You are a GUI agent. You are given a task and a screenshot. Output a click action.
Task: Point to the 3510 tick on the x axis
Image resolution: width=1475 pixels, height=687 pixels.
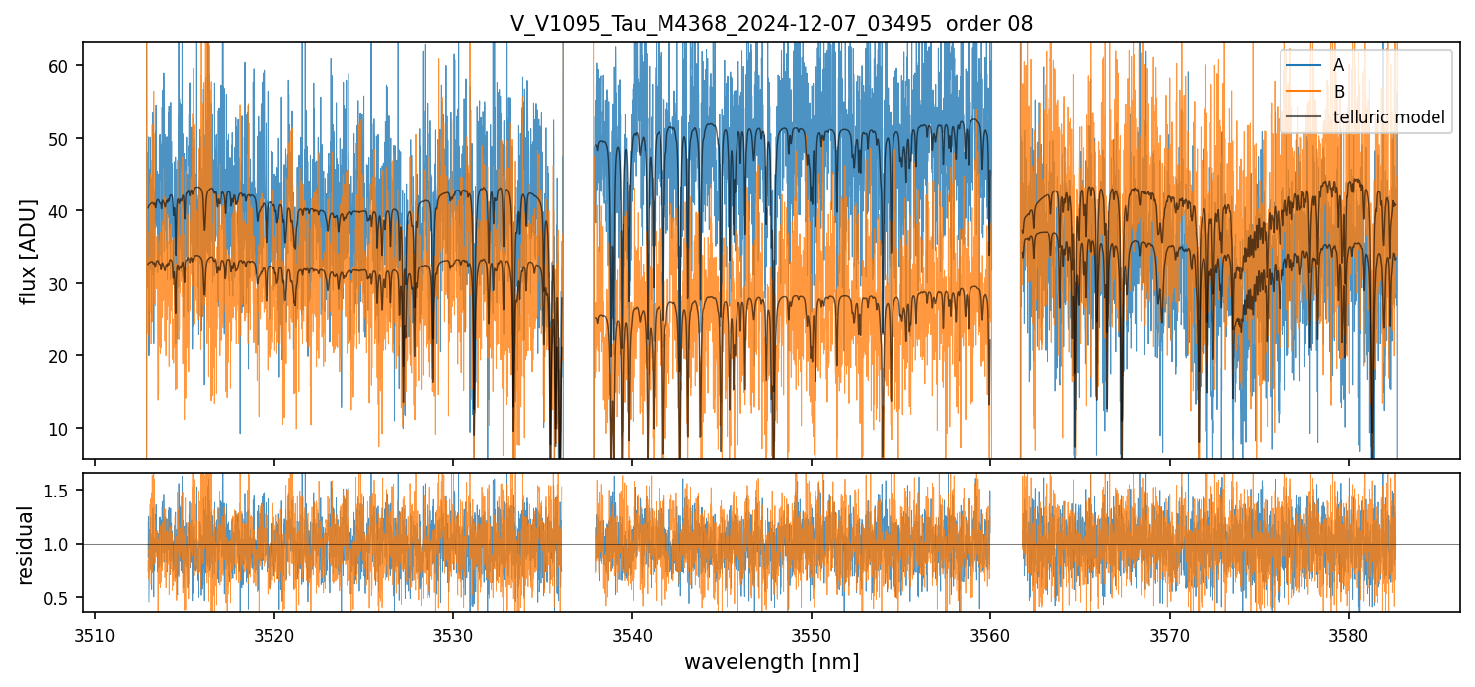coord(95,633)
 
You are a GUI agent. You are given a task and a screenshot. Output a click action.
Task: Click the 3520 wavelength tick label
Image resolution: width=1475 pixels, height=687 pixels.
coord(273,633)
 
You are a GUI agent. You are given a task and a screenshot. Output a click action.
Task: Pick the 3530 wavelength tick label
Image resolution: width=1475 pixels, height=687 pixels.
coord(453,633)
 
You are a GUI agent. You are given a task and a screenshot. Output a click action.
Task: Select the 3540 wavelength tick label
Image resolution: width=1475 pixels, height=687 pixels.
coord(632,633)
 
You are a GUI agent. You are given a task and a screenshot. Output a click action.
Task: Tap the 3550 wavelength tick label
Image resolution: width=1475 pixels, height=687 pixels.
coord(811,633)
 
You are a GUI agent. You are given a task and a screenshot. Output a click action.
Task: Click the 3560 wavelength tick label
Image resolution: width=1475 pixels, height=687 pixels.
coord(990,633)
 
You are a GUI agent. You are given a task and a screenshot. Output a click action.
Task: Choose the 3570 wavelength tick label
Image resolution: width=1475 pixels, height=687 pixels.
coord(1169,633)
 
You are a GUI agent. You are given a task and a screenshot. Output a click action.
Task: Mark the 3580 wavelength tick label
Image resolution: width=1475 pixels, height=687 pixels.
coord(1349,633)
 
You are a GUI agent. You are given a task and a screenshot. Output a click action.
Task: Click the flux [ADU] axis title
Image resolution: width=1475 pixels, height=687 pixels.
coord(29,251)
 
